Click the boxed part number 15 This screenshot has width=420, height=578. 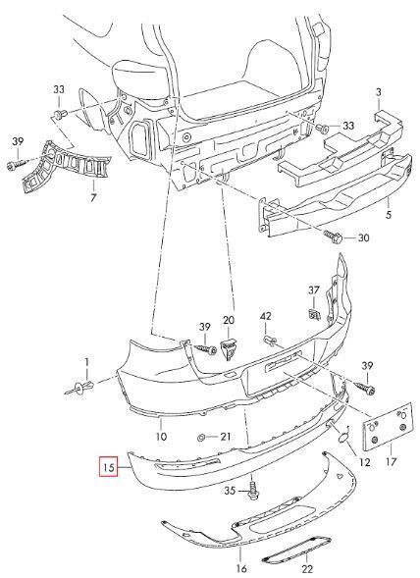pyautogui.click(x=109, y=467)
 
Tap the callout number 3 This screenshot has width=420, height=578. pyautogui.click(x=379, y=92)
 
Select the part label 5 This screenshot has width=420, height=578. pyautogui.click(x=389, y=214)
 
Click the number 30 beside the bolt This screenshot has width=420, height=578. pyautogui.click(x=363, y=237)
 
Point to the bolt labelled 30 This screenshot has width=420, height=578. pyautogui.click(x=333, y=236)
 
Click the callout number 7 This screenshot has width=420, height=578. pyautogui.click(x=93, y=197)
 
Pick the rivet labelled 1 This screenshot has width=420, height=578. pyautogui.click(x=79, y=388)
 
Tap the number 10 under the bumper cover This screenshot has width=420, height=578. pyautogui.click(x=162, y=437)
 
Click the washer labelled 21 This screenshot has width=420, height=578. pyautogui.click(x=202, y=438)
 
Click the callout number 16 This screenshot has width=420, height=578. pyautogui.click(x=241, y=568)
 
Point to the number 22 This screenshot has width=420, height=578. pyautogui.click(x=307, y=569)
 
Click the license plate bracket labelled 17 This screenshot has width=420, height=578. pyautogui.click(x=388, y=427)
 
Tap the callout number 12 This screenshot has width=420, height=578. pyautogui.click(x=364, y=461)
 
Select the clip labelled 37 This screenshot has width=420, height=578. pyautogui.click(x=314, y=314)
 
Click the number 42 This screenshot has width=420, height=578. pyautogui.click(x=266, y=316)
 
